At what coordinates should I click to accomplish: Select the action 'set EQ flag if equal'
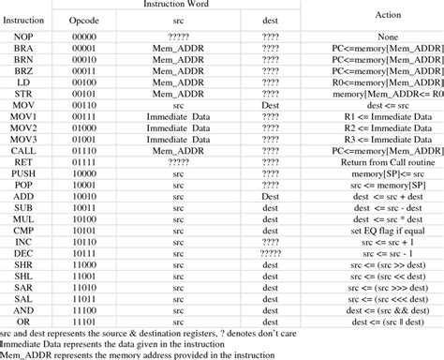coord(387,229)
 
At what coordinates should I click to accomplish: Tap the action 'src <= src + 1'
coord(387,240)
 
